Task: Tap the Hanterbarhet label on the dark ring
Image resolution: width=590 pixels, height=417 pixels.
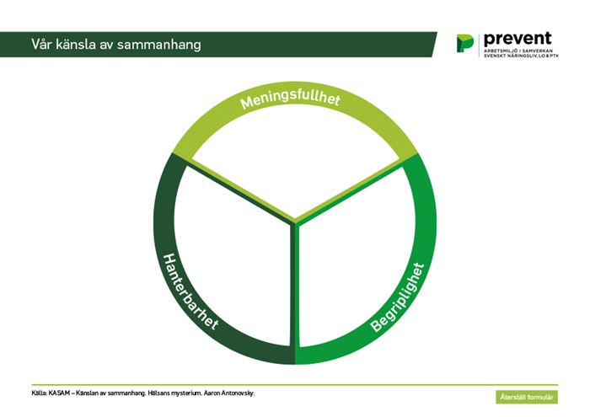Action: (x=190, y=291)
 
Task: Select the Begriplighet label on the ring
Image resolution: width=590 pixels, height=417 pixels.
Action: (x=397, y=297)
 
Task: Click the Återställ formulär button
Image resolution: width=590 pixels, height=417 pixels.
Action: (x=527, y=397)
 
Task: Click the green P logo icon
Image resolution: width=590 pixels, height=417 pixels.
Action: (x=465, y=43)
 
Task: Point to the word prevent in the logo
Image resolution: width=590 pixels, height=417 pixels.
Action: (x=518, y=39)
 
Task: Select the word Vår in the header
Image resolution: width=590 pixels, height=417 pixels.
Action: (x=41, y=44)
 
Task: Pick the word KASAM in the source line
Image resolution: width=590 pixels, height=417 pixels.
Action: (x=59, y=393)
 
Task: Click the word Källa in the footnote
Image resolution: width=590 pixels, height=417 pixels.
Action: (x=40, y=393)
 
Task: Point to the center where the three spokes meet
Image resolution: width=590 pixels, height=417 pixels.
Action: (x=295, y=222)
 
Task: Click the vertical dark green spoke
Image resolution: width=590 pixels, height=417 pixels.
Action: (x=292, y=286)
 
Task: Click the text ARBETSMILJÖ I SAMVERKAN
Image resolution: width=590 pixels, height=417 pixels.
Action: (x=518, y=51)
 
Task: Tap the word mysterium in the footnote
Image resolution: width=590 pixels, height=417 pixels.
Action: (x=186, y=393)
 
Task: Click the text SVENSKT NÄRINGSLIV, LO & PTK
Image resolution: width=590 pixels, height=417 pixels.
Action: (x=521, y=56)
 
